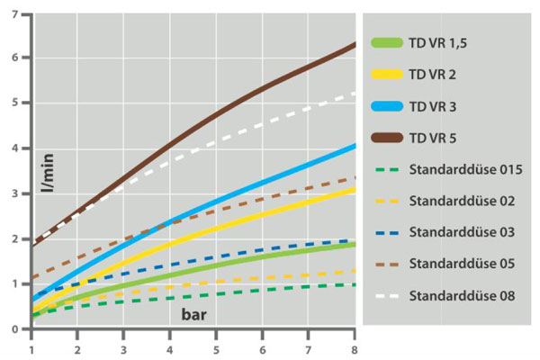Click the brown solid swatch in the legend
(x=385, y=138)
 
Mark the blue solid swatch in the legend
(x=385, y=106)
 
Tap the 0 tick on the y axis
(x=18, y=329)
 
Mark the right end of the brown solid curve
(x=355, y=44)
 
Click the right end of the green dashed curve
(x=355, y=284)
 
